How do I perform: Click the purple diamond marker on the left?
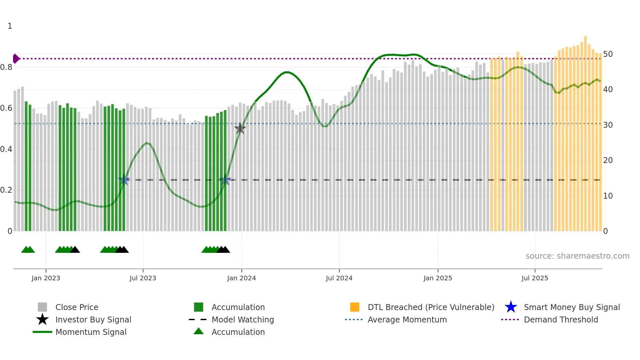pyautogui.click(x=16, y=59)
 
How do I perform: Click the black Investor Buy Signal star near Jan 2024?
pyautogui.click(x=240, y=128)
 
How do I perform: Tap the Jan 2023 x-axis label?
pyautogui.click(x=46, y=278)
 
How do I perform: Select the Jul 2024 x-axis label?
pyautogui.click(x=339, y=278)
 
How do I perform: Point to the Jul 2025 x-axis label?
pyautogui.click(x=535, y=278)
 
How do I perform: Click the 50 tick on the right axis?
pyautogui.click(x=608, y=54)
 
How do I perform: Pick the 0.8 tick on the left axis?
pyautogui.click(x=7, y=67)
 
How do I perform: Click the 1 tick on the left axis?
pyautogui.click(x=10, y=26)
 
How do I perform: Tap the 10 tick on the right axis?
pyautogui.click(x=608, y=196)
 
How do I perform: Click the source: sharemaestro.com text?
pyautogui.click(x=577, y=256)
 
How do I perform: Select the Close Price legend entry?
pyautogui.click(x=76, y=307)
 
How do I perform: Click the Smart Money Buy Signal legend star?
pyautogui.click(x=511, y=307)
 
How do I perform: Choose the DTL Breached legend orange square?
pyautogui.click(x=355, y=307)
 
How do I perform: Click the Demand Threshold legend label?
pyautogui.click(x=561, y=319)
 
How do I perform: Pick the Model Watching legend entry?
pyautogui.click(x=242, y=319)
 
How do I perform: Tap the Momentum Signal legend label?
pyautogui.click(x=91, y=332)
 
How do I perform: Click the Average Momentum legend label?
pyautogui.click(x=407, y=319)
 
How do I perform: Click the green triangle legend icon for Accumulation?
pyautogui.click(x=199, y=331)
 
